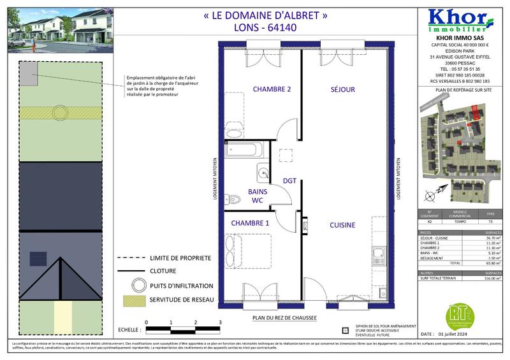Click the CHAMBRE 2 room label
pos(272,89)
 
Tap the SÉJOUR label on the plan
pos(342,90)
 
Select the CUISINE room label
pos(342,225)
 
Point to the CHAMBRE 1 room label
pos(250,223)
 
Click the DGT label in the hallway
pos(290,180)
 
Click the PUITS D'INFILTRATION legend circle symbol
pos(139,285)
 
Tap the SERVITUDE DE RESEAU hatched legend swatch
pos(138,300)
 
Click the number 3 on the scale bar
pos(220,323)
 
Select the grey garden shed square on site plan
pos(28,75)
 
